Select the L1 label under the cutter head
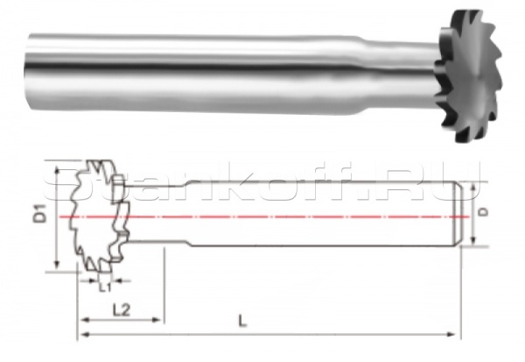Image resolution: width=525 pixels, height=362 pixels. tap(104, 286)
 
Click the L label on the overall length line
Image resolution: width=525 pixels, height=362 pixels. tap(242, 321)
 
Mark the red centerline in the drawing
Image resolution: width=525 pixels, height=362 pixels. tap(289, 214)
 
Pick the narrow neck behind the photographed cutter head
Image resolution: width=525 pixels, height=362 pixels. tap(411, 66)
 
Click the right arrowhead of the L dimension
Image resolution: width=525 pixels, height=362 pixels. tap(454, 333)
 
